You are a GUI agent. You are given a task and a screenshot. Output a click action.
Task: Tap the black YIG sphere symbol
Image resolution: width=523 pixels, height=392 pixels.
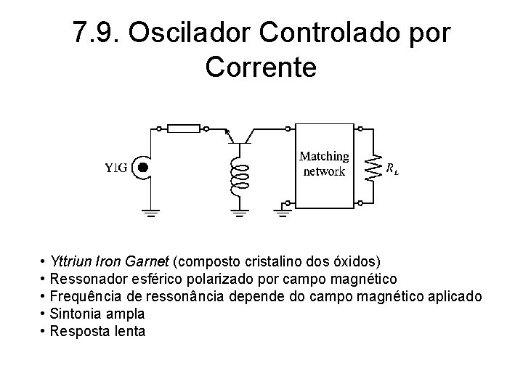(143, 168)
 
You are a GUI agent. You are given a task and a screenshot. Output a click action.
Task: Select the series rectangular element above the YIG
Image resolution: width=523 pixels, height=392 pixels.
(184, 128)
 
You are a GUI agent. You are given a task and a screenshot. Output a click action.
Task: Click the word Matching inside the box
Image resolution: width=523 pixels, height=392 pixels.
(324, 157)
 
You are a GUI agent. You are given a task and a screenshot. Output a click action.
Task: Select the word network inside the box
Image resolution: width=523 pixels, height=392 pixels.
(324, 172)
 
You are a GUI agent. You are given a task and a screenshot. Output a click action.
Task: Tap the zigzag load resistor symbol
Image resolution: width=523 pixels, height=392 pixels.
(375, 168)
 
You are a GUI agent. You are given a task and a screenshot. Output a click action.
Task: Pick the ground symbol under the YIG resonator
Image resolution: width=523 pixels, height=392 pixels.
(151, 213)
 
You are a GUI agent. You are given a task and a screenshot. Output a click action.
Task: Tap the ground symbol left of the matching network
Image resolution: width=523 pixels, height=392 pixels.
(283, 212)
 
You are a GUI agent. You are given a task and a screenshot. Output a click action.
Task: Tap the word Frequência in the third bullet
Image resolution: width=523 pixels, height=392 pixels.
(82, 297)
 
